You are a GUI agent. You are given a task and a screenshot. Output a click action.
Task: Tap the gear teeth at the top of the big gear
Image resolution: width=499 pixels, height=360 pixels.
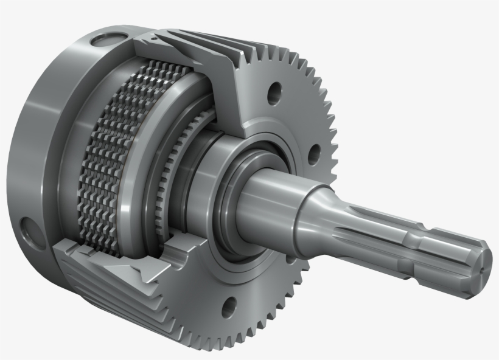(298, 67)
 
